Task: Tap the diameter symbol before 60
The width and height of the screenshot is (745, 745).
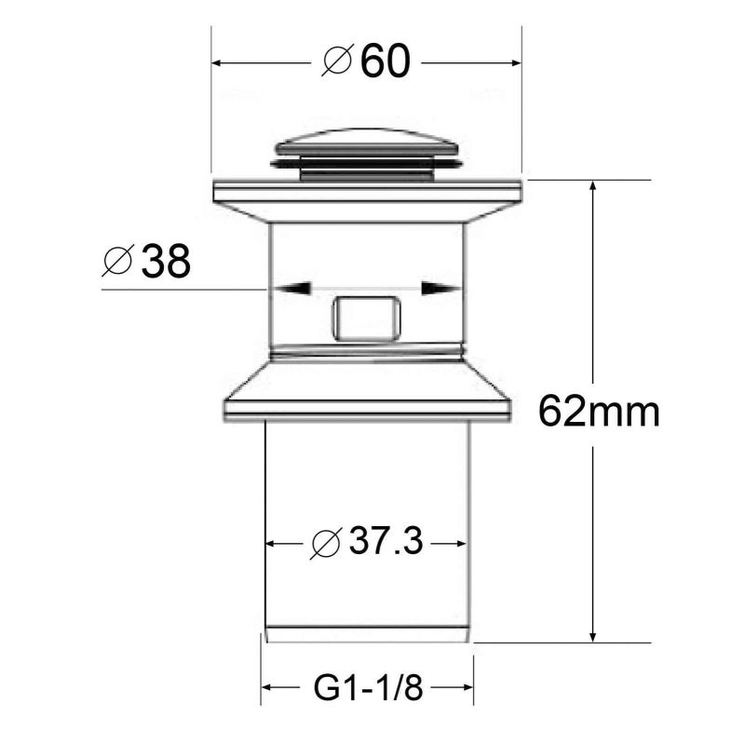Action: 336,62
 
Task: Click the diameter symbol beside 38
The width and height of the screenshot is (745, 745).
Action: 117,263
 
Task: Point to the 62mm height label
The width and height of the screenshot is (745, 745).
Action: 598,410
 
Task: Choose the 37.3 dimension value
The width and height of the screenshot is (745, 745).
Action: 386,542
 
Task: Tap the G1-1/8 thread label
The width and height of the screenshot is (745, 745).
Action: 368,689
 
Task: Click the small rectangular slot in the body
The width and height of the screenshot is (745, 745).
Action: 366,318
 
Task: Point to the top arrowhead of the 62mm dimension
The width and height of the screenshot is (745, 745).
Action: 592,188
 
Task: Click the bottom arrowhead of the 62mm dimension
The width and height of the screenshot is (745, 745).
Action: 592,633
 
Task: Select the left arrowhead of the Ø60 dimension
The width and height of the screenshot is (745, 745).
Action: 220,62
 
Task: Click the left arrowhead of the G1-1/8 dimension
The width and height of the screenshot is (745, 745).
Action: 267,689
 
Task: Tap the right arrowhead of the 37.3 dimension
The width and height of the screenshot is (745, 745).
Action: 457,543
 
